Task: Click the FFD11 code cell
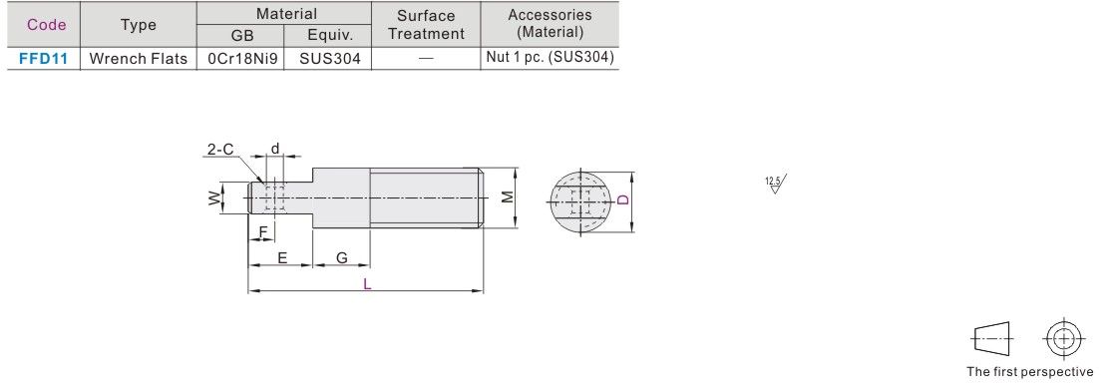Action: click(43, 59)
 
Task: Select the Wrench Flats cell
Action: click(139, 59)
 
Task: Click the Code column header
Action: click(47, 25)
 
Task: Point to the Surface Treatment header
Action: click(427, 25)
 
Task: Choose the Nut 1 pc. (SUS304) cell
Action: click(550, 58)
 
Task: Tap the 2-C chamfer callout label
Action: click(219, 149)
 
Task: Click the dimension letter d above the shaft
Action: click(275, 149)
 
